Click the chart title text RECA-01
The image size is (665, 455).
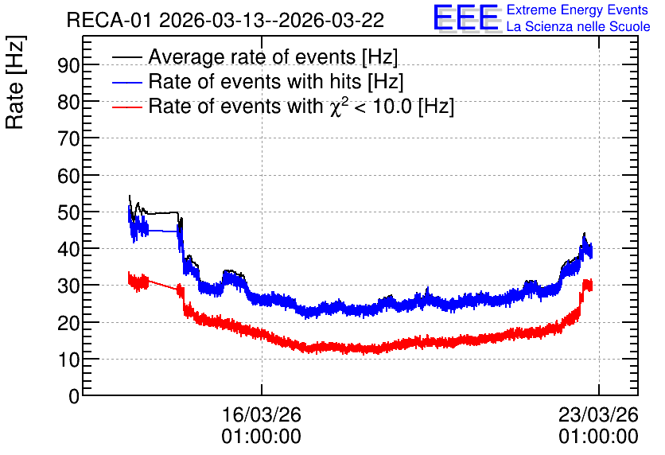pyautogui.click(x=108, y=21)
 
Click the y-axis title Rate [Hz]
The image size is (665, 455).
pyautogui.click(x=15, y=82)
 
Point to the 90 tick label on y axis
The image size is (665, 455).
pyautogui.click(x=68, y=65)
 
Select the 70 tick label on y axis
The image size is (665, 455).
pyautogui.click(x=68, y=138)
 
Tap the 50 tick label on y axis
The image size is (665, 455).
pyautogui.click(x=68, y=212)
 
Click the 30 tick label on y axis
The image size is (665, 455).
pyautogui.click(x=68, y=286)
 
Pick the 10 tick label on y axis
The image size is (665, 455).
pyautogui.click(x=68, y=360)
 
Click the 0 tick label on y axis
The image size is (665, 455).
pyautogui.click(x=74, y=396)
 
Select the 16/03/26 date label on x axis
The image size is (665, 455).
pyautogui.click(x=261, y=414)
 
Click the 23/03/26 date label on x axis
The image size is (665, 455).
pyautogui.click(x=598, y=414)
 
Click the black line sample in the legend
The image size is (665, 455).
pyautogui.click(x=126, y=56)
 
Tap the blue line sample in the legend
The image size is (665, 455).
pyautogui.click(x=126, y=82)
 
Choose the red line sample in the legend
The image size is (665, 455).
pyautogui.click(x=126, y=107)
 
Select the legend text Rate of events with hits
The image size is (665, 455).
pyautogui.click(x=255, y=82)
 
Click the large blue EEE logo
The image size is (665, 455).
pyautogui.click(x=465, y=17)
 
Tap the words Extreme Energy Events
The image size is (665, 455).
pyautogui.click(x=577, y=10)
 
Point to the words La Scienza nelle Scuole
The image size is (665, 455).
pyautogui.click(x=578, y=27)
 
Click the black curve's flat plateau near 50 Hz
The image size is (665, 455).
pyautogui.click(x=162, y=212)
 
